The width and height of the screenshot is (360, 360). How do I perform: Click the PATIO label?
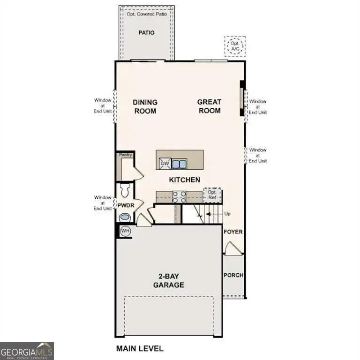pos(146,33)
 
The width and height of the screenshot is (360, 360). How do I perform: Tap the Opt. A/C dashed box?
pos(234,46)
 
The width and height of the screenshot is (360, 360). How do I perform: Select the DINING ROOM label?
pos(145,106)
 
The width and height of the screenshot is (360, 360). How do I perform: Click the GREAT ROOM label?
pos(209,106)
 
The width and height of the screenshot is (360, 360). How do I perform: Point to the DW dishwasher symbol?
pos(164,164)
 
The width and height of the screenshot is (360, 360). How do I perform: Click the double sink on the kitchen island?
pos(179,164)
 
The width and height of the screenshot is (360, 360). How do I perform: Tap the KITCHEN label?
pos(185,180)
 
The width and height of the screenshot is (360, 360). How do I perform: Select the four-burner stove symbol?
pos(179,197)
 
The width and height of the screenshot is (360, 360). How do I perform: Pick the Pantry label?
pos(125,155)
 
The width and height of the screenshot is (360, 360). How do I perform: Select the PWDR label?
pos(125,205)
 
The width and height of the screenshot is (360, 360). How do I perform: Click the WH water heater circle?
pos(125,231)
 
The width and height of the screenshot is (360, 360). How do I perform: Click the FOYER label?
pos(233,232)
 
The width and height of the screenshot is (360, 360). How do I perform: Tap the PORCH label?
pos(233,275)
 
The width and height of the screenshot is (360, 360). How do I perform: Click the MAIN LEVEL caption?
pos(139,348)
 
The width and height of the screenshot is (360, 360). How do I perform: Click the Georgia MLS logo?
pos(27,351)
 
